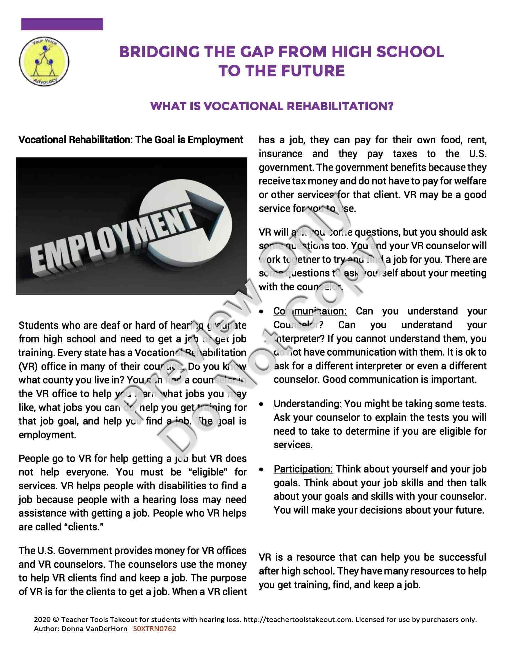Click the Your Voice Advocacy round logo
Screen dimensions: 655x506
[x=44, y=61]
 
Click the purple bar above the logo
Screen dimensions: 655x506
[x=62, y=24]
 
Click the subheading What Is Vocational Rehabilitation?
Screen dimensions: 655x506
[x=271, y=106]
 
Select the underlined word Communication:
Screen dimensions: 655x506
[x=310, y=311]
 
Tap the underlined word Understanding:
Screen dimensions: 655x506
[x=308, y=404]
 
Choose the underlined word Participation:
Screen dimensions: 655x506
[x=303, y=469]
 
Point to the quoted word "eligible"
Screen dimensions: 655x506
[x=208, y=472]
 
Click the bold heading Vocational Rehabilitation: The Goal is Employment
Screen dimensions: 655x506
[x=131, y=140]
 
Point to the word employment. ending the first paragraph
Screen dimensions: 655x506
[x=47, y=435]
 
